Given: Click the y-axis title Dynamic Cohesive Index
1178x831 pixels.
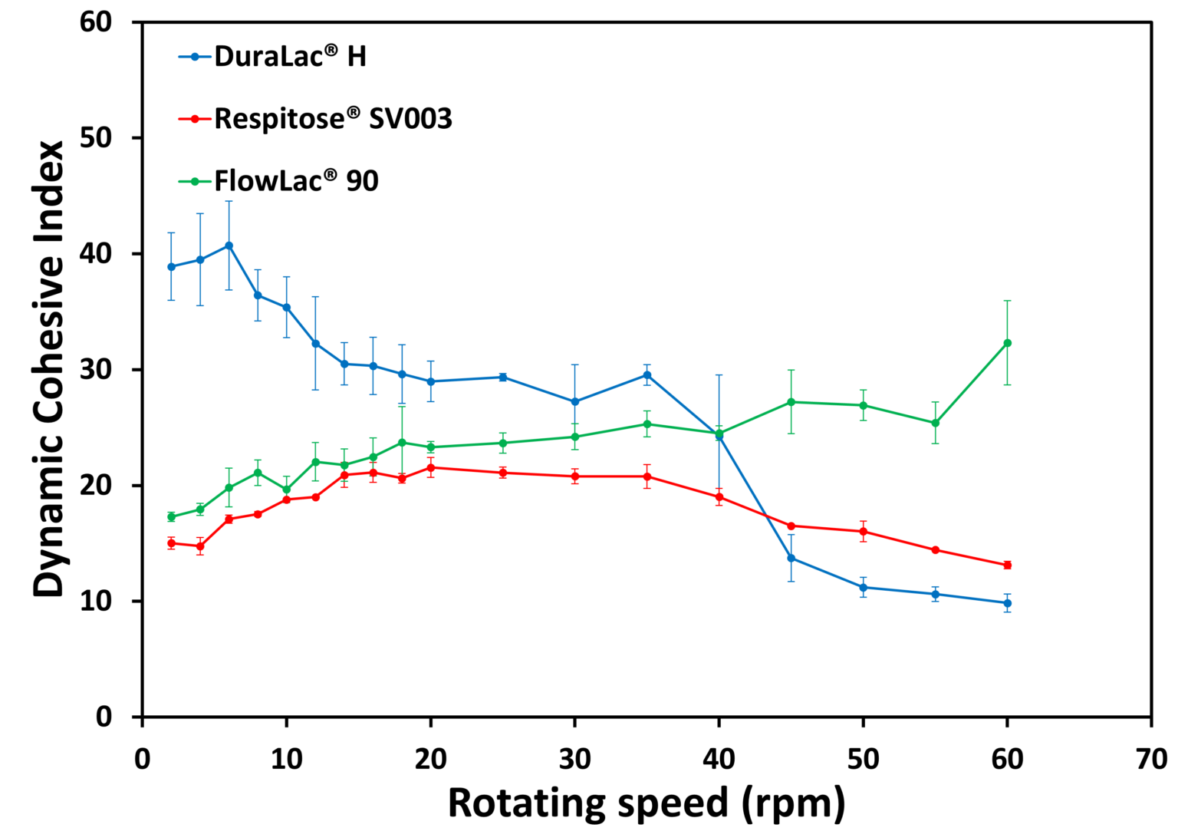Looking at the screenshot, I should pos(49,368).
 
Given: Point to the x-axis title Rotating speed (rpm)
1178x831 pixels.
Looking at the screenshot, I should pos(646,803).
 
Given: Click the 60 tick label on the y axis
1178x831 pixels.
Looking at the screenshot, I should pos(96,22).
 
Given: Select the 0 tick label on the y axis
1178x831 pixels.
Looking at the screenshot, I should pos(104,717).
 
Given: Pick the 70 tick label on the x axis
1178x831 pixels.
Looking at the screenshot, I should pos(1150,760).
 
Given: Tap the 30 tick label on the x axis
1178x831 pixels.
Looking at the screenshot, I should pos(574,760).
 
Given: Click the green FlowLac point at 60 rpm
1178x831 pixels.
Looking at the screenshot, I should pos(1007,343).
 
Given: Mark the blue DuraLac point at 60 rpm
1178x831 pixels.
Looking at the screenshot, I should pos(1007,603).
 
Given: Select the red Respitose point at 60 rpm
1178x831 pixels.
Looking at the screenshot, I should pos(1007,565).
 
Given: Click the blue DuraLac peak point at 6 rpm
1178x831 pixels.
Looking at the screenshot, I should pos(229,246).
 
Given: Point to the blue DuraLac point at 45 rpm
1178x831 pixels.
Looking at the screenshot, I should pos(791,558).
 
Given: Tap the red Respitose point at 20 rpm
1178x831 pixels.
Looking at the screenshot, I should pos(430,467).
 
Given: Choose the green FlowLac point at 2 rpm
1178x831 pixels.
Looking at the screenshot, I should pos(171,516).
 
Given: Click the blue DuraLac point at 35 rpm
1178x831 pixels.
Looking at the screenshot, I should pos(647,375).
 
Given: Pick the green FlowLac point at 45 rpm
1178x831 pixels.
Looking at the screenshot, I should pos(791,402).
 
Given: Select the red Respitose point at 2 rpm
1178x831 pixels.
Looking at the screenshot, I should pos(171,542).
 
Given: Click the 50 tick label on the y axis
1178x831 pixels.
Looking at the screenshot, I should pos(96,138).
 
